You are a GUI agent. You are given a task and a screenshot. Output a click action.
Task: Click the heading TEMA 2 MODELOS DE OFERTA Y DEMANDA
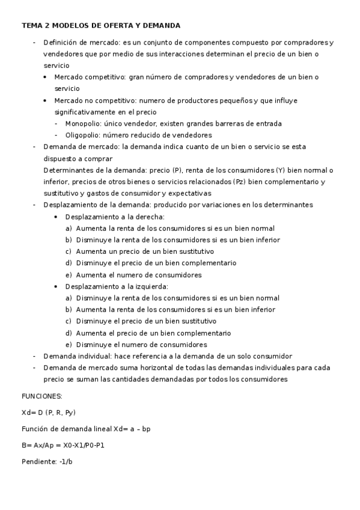[x=100, y=26]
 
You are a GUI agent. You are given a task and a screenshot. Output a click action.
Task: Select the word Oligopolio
[x=82, y=135]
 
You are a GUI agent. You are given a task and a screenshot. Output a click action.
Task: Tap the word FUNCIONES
[x=41, y=397]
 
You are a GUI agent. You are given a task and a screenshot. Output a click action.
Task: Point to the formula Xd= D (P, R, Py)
[x=49, y=413]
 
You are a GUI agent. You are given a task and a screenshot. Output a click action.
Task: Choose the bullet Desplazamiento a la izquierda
[x=116, y=286]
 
